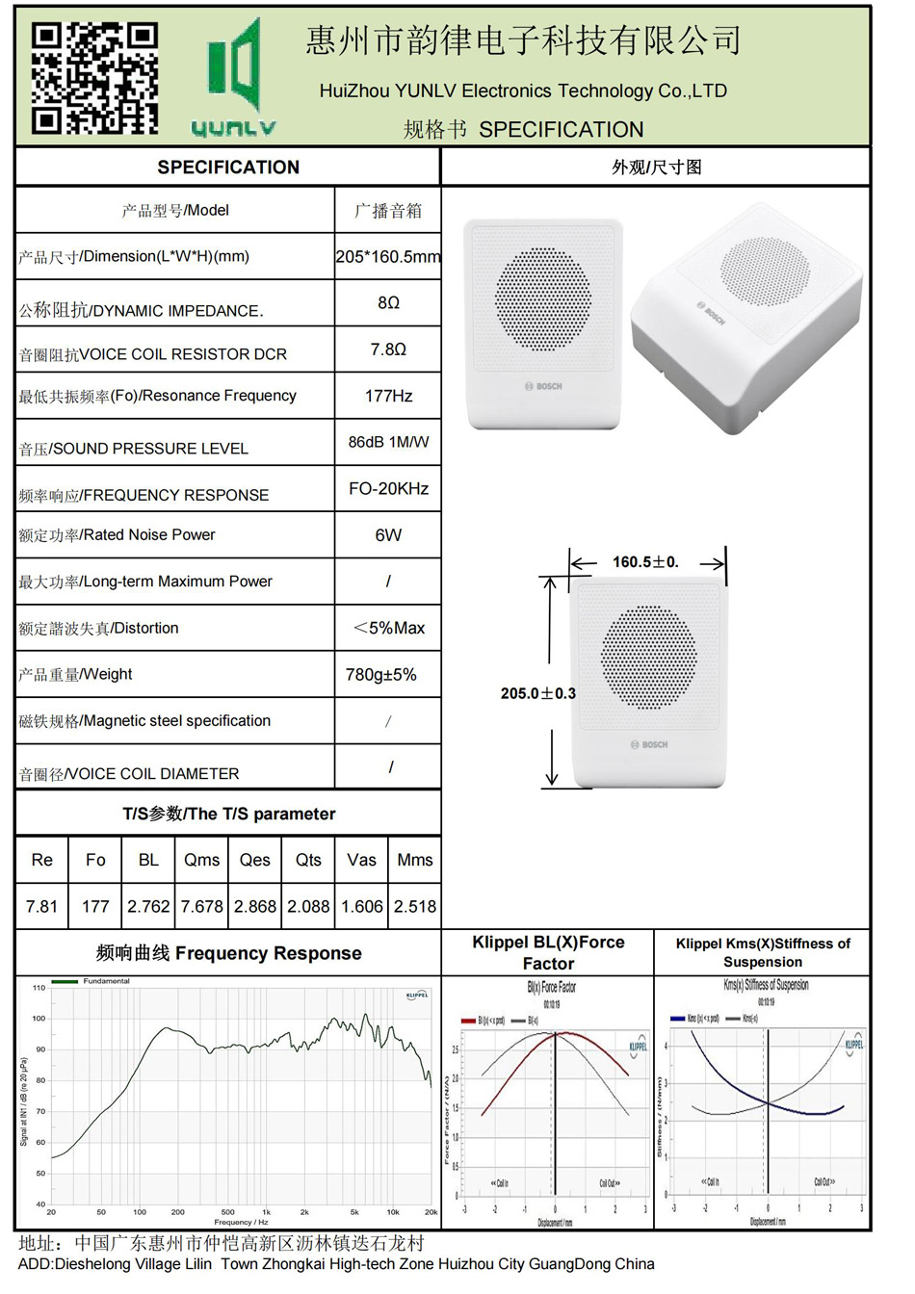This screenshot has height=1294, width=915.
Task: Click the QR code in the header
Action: [x=94, y=78]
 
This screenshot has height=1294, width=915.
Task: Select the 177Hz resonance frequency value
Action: [x=388, y=396]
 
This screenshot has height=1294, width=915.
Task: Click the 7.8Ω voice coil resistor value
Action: [x=388, y=349]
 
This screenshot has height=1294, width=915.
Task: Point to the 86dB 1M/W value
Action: [x=388, y=442]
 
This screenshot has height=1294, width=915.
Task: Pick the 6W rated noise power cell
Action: [x=388, y=535]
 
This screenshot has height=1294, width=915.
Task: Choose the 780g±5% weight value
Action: [x=381, y=675]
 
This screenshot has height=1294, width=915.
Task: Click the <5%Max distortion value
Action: [x=389, y=628]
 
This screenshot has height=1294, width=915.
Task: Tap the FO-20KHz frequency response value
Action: [x=388, y=489]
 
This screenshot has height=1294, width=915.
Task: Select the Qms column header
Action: [x=202, y=860]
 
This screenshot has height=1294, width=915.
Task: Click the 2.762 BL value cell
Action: [x=148, y=906]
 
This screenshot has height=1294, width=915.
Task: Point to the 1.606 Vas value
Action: [x=362, y=906]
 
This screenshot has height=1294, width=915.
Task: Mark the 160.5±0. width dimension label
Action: [x=645, y=562]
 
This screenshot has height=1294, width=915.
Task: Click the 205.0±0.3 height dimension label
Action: [x=537, y=693]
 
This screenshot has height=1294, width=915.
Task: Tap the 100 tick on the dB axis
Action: [x=39, y=1019]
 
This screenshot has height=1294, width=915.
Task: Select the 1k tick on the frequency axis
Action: [x=267, y=1212]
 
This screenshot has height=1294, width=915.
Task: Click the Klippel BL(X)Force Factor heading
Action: [x=548, y=952]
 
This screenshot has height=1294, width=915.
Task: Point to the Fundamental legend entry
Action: [x=106, y=981]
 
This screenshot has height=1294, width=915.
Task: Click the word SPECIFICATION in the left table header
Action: [x=228, y=168]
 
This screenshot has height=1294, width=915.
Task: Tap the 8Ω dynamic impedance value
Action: [x=388, y=303]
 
